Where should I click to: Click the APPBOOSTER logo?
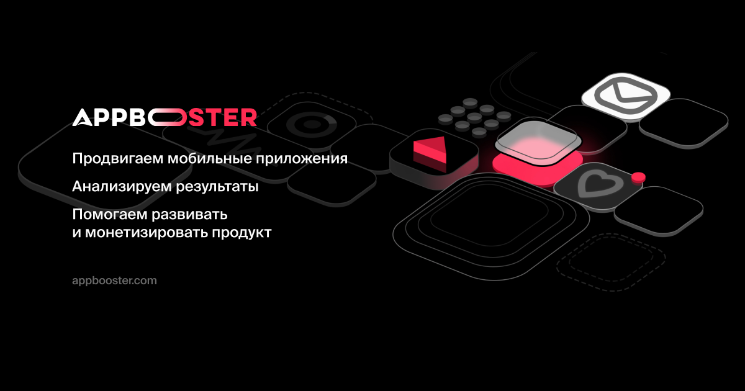165,117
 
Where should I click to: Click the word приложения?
302,159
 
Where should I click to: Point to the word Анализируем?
122,187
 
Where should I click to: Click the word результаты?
217,187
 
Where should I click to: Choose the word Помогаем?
110,215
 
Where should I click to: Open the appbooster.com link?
114,281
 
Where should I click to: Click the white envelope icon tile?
626,96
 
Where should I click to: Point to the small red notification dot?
638,178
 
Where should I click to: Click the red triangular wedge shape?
430,154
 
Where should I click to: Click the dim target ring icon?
312,125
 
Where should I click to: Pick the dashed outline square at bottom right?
612,263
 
